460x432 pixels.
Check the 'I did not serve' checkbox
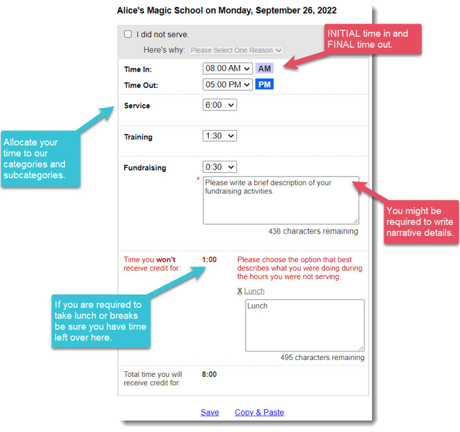pyautogui.click(x=128, y=34)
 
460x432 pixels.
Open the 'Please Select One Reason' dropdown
pyautogui.click(x=236, y=50)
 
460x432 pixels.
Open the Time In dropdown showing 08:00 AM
pyautogui.click(x=227, y=69)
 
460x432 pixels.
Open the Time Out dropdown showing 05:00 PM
pyautogui.click(x=227, y=84)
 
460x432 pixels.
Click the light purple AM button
pyautogui.click(x=264, y=69)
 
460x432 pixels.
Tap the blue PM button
pyautogui.click(x=264, y=84)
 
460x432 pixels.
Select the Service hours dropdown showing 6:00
pyautogui.click(x=220, y=105)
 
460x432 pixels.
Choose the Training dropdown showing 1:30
pyautogui.click(x=220, y=136)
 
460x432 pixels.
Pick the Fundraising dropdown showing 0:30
pyautogui.click(x=220, y=167)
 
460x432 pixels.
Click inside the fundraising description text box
pyautogui.click(x=281, y=201)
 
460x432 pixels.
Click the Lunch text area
pyautogui.click(x=305, y=325)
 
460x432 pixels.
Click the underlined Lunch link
pyautogui.click(x=254, y=291)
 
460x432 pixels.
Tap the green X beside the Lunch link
pyautogui.click(x=240, y=291)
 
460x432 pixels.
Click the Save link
pyautogui.click(x=210, y=412)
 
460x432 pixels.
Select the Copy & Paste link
pyautogui.click(x=259, y=412)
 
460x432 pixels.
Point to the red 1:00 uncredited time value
pyautogui.click(x=209, y=259)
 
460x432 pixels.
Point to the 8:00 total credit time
pyautogui.click(x=209, y=374)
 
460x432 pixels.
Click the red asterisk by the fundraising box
pyautogui.click(x=199, y=179)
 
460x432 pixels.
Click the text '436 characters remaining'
pyautogui.click(x=313, y=231)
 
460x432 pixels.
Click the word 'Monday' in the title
pyautogui.click(x=235, y=11)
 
